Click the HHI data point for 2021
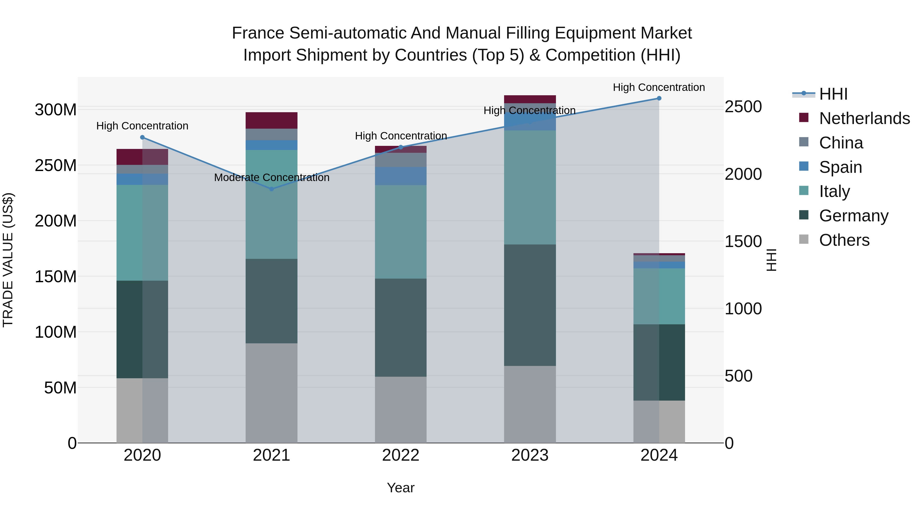272,189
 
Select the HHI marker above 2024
659,98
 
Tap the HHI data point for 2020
142,137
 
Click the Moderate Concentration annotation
272,178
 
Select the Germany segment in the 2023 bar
530,305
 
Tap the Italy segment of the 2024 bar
659,296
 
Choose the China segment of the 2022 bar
401,160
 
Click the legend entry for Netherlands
864,118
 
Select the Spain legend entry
840,167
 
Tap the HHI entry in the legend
833,94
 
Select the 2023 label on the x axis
530,455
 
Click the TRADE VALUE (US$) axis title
8,260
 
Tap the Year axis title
401,488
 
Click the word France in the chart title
258,33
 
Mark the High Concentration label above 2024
659,88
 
